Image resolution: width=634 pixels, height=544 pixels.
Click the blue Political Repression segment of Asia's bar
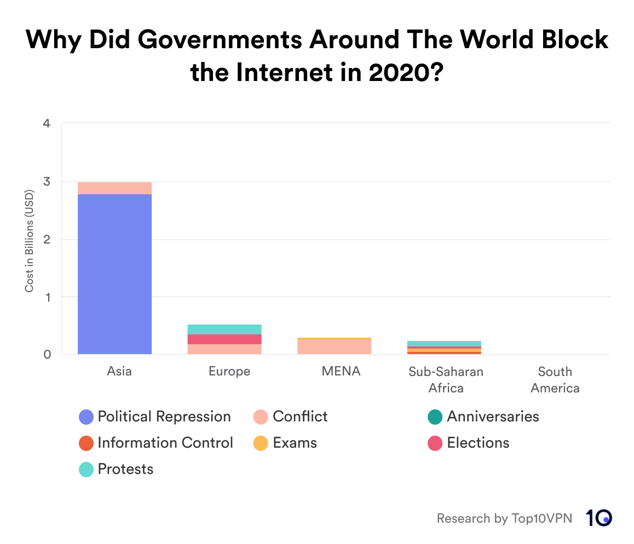point(114,274)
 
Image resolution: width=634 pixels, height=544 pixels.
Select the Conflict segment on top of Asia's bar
point(114,188)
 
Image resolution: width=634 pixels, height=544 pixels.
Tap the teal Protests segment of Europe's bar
point(224,329)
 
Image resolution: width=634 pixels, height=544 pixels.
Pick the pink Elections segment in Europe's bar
point(224,339)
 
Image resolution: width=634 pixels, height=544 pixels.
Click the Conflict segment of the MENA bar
point(334,347)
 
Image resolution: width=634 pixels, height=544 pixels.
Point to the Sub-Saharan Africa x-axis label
point(446,380)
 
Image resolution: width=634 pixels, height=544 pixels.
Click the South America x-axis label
point(555,380)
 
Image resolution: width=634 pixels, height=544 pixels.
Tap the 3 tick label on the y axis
point(47,182)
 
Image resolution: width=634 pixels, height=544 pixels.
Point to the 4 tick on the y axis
point(47,124)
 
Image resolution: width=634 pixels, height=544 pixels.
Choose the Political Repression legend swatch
point(87,417)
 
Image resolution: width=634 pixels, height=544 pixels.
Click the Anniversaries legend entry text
point(493,416)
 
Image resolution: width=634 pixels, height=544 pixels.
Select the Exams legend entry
point(295,443)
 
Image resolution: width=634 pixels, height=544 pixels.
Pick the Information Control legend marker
point(87,443)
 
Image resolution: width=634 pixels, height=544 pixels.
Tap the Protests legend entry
point(125,469)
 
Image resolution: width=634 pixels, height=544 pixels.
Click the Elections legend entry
point(478,443)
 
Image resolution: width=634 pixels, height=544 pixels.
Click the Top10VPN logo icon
point(598,518)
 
